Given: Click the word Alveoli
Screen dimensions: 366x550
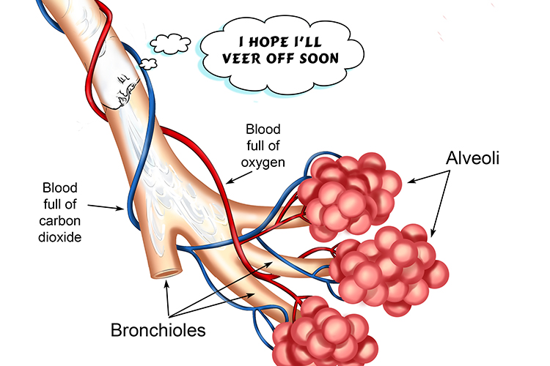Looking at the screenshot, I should [473, 157].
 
